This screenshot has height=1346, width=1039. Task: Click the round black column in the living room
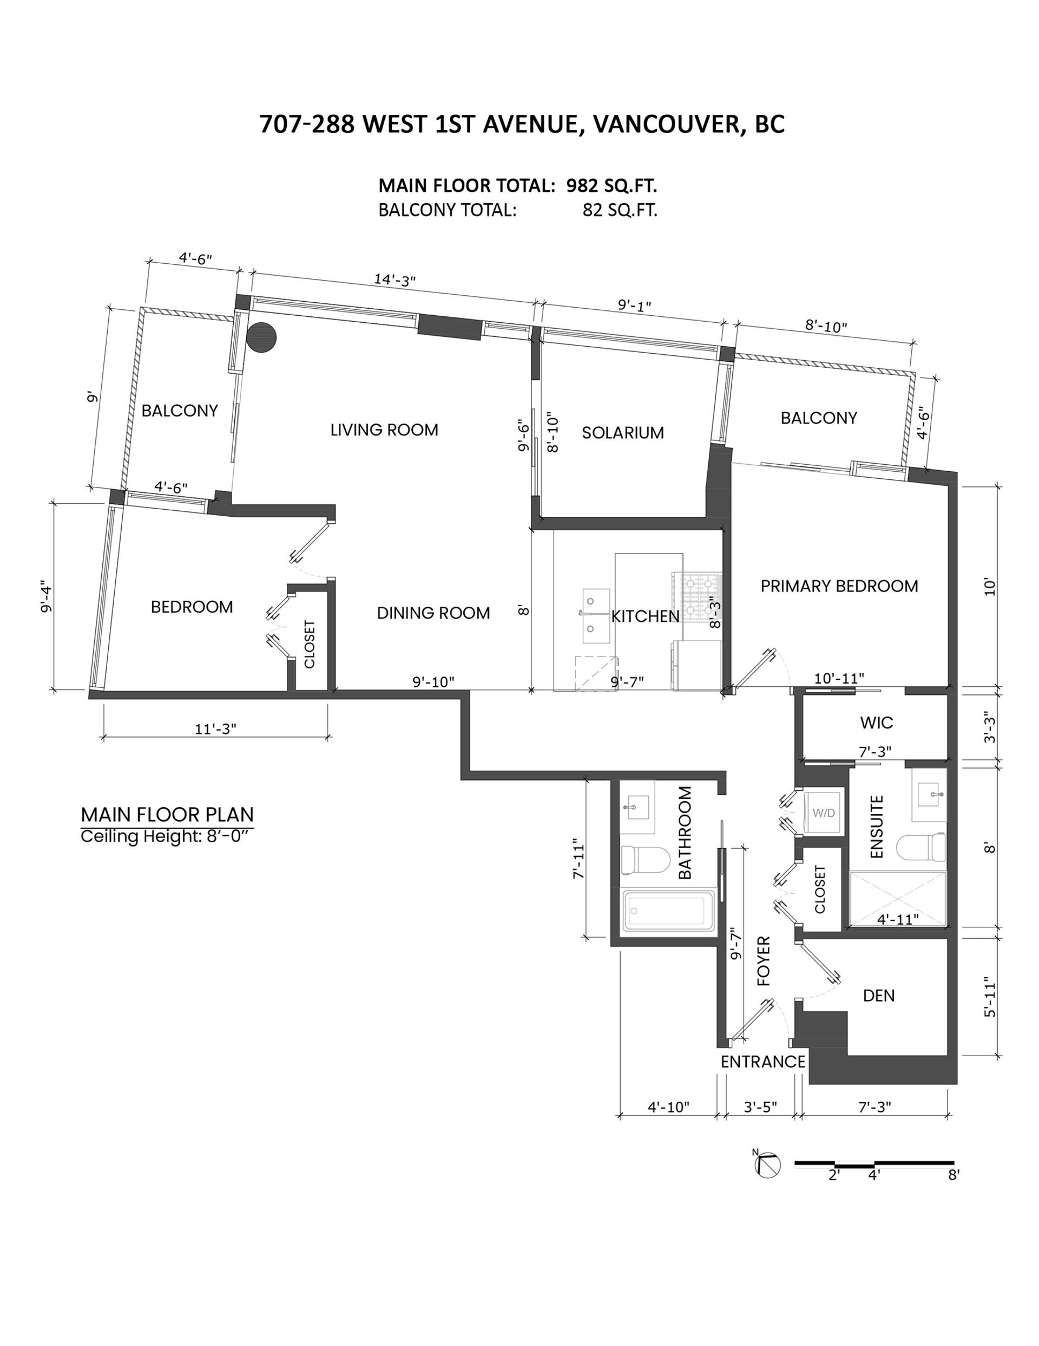pos(261,337)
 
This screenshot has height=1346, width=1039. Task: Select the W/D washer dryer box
pos(824,812)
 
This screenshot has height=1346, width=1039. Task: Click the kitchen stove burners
pos(696,596)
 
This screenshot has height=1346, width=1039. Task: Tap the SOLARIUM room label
pos(623,433)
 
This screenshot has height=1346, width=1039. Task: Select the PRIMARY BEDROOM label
pos(839,586)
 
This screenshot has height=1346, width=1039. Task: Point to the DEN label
pos(879,996)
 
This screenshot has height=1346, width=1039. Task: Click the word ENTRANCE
pos(763,1061)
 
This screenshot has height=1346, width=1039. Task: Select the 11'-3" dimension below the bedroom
pos(216,729)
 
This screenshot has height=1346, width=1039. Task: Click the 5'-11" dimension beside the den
pos(990,997)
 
